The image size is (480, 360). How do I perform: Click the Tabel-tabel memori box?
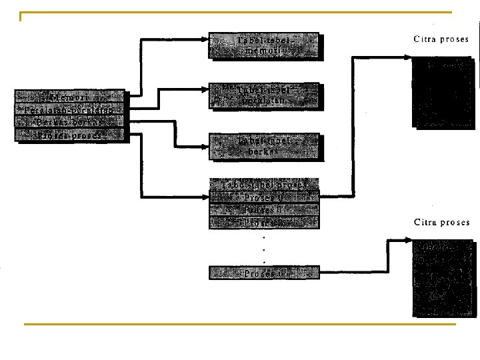[x=265, y=45]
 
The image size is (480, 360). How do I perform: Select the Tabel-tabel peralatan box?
[x=265, y=95]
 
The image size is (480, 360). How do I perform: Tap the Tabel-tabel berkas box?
[x=265, y=146]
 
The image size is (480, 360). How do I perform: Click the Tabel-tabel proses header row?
[x=265, y=184]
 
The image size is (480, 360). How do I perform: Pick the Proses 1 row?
[x=265, y=197]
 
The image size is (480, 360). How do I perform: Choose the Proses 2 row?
[x=265, y=210]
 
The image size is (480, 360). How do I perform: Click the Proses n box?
[x=265, y=272]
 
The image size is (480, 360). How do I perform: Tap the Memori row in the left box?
[x=69, y=97]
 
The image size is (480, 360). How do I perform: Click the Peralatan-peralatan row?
[x=69, y=109]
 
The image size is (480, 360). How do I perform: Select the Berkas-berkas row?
[x=69, y=122]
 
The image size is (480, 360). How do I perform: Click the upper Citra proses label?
[x=441, y=39]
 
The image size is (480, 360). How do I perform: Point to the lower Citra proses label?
[x=441, y=222]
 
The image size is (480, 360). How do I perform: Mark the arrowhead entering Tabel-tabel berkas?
[x=205, y=146]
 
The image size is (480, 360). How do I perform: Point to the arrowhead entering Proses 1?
[x=205, y=197]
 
